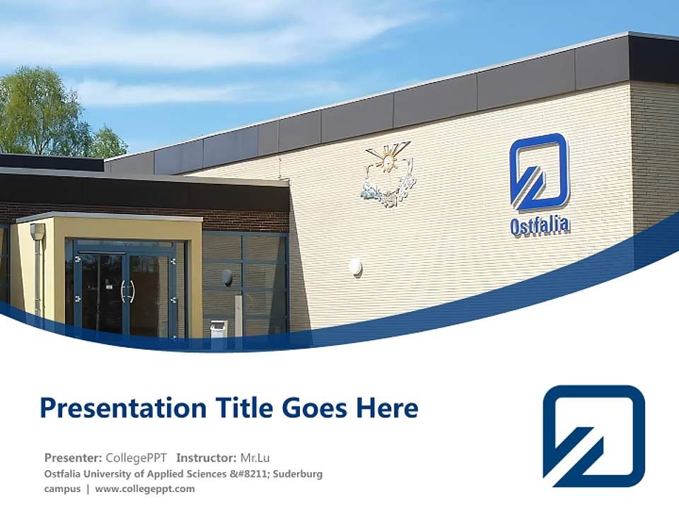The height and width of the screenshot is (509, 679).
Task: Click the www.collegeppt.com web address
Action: (x=145, y=488)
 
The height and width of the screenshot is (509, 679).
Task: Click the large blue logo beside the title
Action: (x=594, y=435)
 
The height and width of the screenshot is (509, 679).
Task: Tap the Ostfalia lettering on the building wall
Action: (x=540, y=226)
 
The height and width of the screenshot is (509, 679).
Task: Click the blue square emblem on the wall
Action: (x=539, y=172)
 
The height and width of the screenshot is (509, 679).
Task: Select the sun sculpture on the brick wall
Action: (x=388, y=174)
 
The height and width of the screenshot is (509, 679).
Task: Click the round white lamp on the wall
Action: (x=356, y=267)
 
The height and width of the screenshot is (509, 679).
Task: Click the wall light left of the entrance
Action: (x=37, y=232)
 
